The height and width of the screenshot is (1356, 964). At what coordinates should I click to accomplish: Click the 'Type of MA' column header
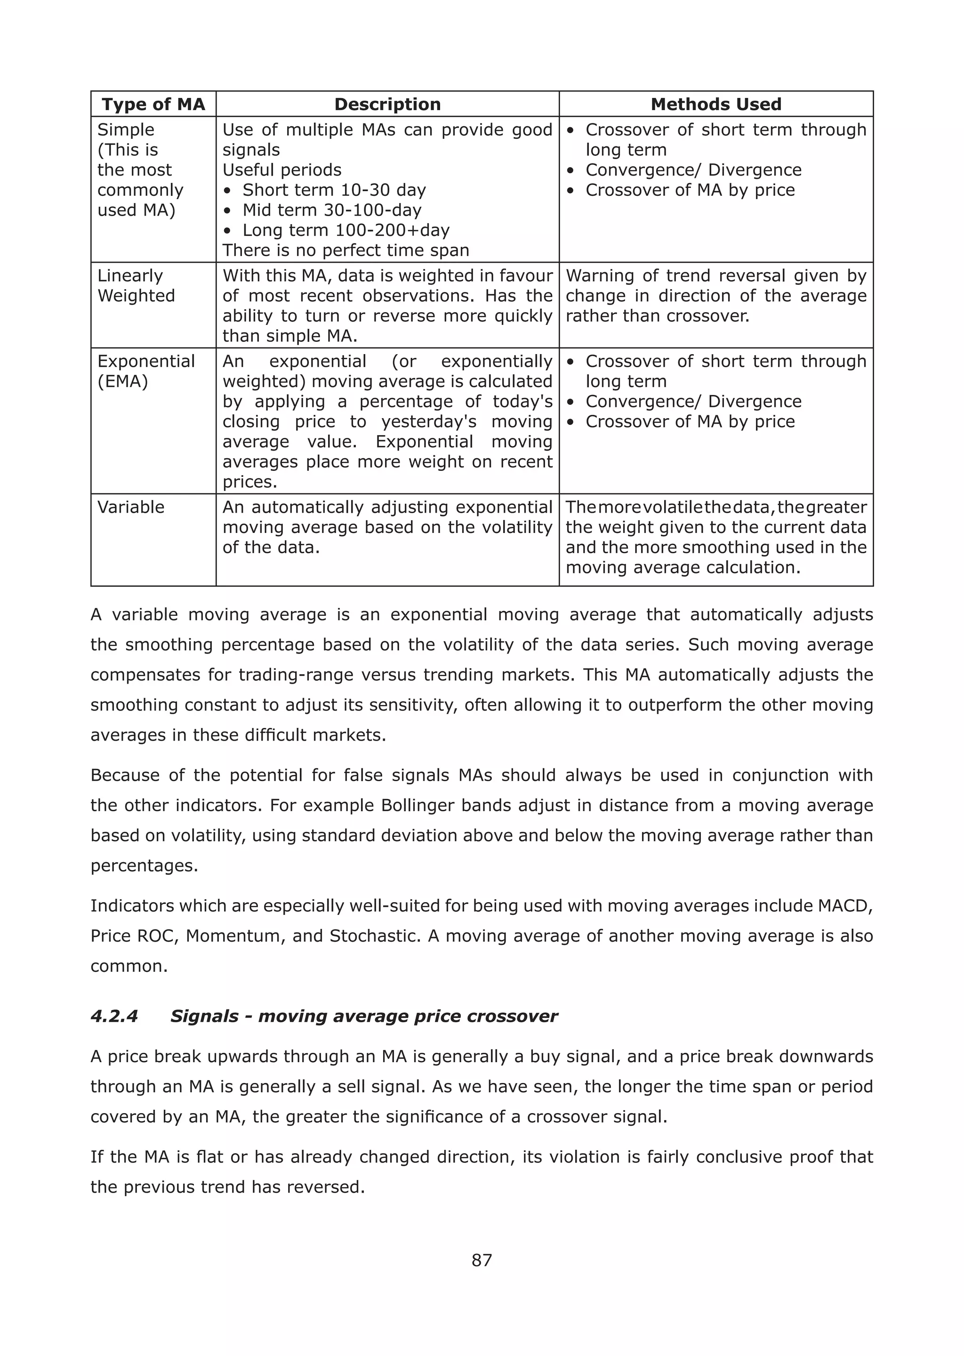153,105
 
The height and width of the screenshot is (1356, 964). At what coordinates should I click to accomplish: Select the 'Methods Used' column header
716,105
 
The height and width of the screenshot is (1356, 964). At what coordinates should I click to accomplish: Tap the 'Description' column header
387,105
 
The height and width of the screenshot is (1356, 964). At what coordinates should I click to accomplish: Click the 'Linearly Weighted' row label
136,286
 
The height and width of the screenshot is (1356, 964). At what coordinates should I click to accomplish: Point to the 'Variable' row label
130,507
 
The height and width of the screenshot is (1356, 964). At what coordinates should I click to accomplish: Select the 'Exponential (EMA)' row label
145,371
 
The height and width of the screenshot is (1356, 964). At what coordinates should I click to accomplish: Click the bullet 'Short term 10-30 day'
334,190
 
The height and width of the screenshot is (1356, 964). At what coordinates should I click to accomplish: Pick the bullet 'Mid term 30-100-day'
331,210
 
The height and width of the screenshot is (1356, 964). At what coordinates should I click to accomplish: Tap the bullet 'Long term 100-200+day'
345,230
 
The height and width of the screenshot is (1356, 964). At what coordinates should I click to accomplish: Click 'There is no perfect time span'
345,250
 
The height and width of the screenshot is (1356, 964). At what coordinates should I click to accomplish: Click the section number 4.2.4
114,1016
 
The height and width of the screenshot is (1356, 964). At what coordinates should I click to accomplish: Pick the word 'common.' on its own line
129,966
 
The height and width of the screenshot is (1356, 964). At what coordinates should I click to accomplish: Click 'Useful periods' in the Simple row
282,170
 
